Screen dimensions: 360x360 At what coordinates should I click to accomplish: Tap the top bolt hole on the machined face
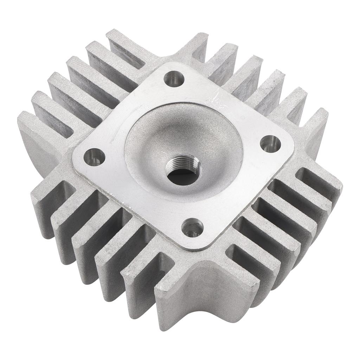pyautogui.click(x=174, y=79)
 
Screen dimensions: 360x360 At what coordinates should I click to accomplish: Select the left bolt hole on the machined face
pyautogui.click(x=94, y=157)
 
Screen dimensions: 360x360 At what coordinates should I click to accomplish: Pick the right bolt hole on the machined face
pyautogui.click(x=270, y=143)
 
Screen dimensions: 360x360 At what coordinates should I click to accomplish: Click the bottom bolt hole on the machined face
pyautogui.click(x=192, y=227)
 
